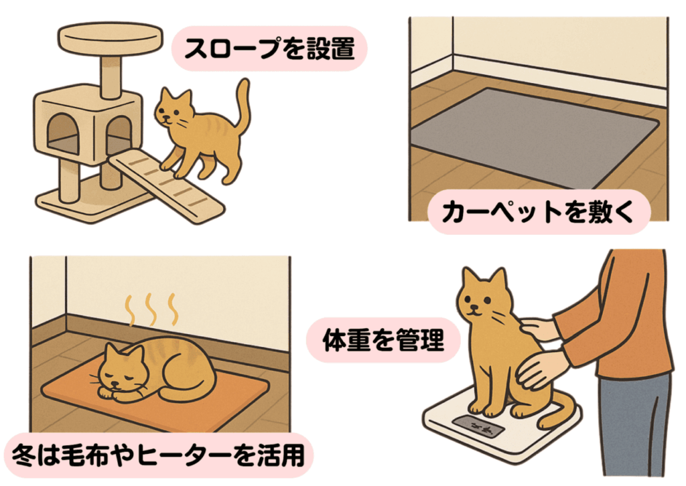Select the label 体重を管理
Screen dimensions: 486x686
[383, 340]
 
